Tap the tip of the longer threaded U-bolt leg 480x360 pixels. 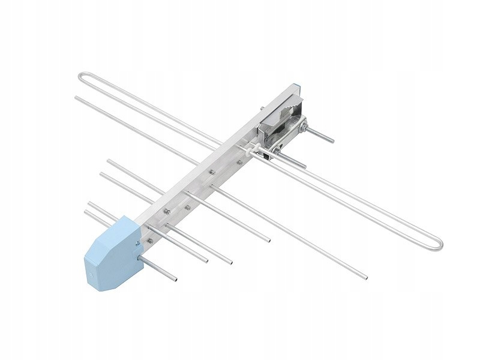coord(332,142)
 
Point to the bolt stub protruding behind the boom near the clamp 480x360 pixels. coord(262,109)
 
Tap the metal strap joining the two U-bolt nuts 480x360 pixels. coord(293,139)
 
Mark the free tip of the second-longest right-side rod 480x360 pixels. coord(269,241)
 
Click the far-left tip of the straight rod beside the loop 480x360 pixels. coord(77,97)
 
